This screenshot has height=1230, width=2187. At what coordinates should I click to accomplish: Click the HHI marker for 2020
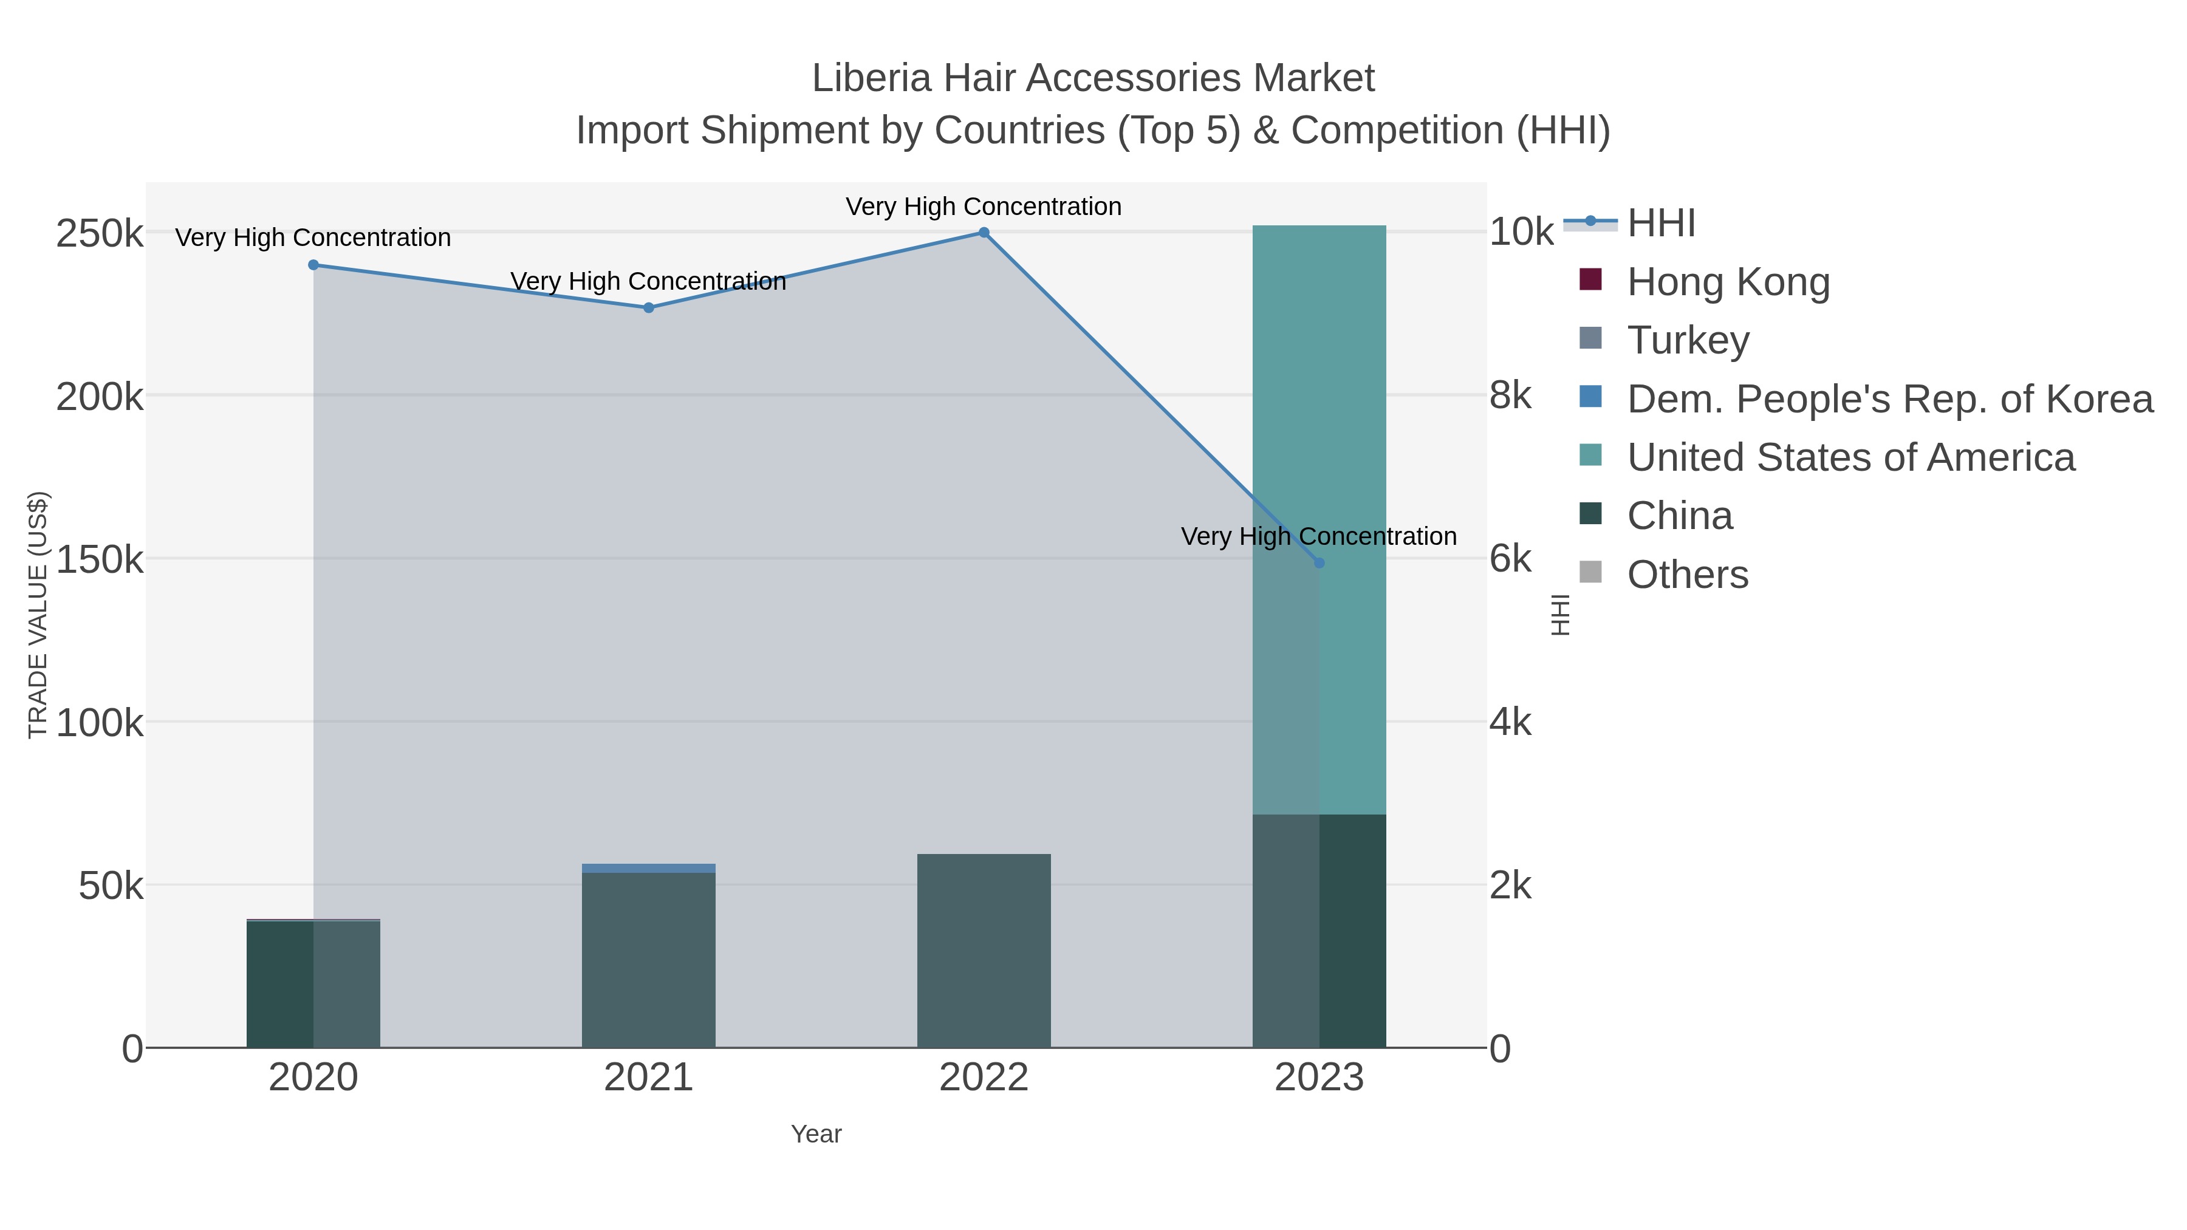click(x=313, y=265)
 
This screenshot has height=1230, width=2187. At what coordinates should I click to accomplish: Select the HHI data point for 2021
click(x=649, y=308)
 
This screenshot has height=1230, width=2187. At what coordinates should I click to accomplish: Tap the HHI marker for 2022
click(x=984, y=233)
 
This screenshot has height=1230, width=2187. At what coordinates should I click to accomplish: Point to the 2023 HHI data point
click(x=1318, y=563)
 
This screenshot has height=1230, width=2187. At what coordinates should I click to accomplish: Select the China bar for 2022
click(x=984, y=951)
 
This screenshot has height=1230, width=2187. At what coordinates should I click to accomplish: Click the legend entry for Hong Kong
click(x=1728, y=282)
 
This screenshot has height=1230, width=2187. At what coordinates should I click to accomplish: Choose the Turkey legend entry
click(x=1688, y=340)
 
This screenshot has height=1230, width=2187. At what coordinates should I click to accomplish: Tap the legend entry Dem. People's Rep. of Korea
click(x=1889, y=399)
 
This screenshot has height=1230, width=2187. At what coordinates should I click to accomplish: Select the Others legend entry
click(x=1687, y=575)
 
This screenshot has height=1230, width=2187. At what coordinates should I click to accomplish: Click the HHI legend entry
click(x=1661, y=224)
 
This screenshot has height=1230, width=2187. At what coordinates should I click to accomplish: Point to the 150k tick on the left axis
click(x=100, y=559)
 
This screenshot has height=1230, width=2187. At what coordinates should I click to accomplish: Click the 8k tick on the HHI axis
click(x=1510, y=395)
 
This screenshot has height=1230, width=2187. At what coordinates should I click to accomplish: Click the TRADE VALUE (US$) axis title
click(x=38, y=615)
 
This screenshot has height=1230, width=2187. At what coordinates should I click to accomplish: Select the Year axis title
click(x=816, y=1134)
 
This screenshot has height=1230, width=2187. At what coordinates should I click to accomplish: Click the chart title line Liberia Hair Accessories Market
click(x=1093, y=78)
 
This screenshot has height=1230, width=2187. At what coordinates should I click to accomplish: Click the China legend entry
click(x=1679, y=516)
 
